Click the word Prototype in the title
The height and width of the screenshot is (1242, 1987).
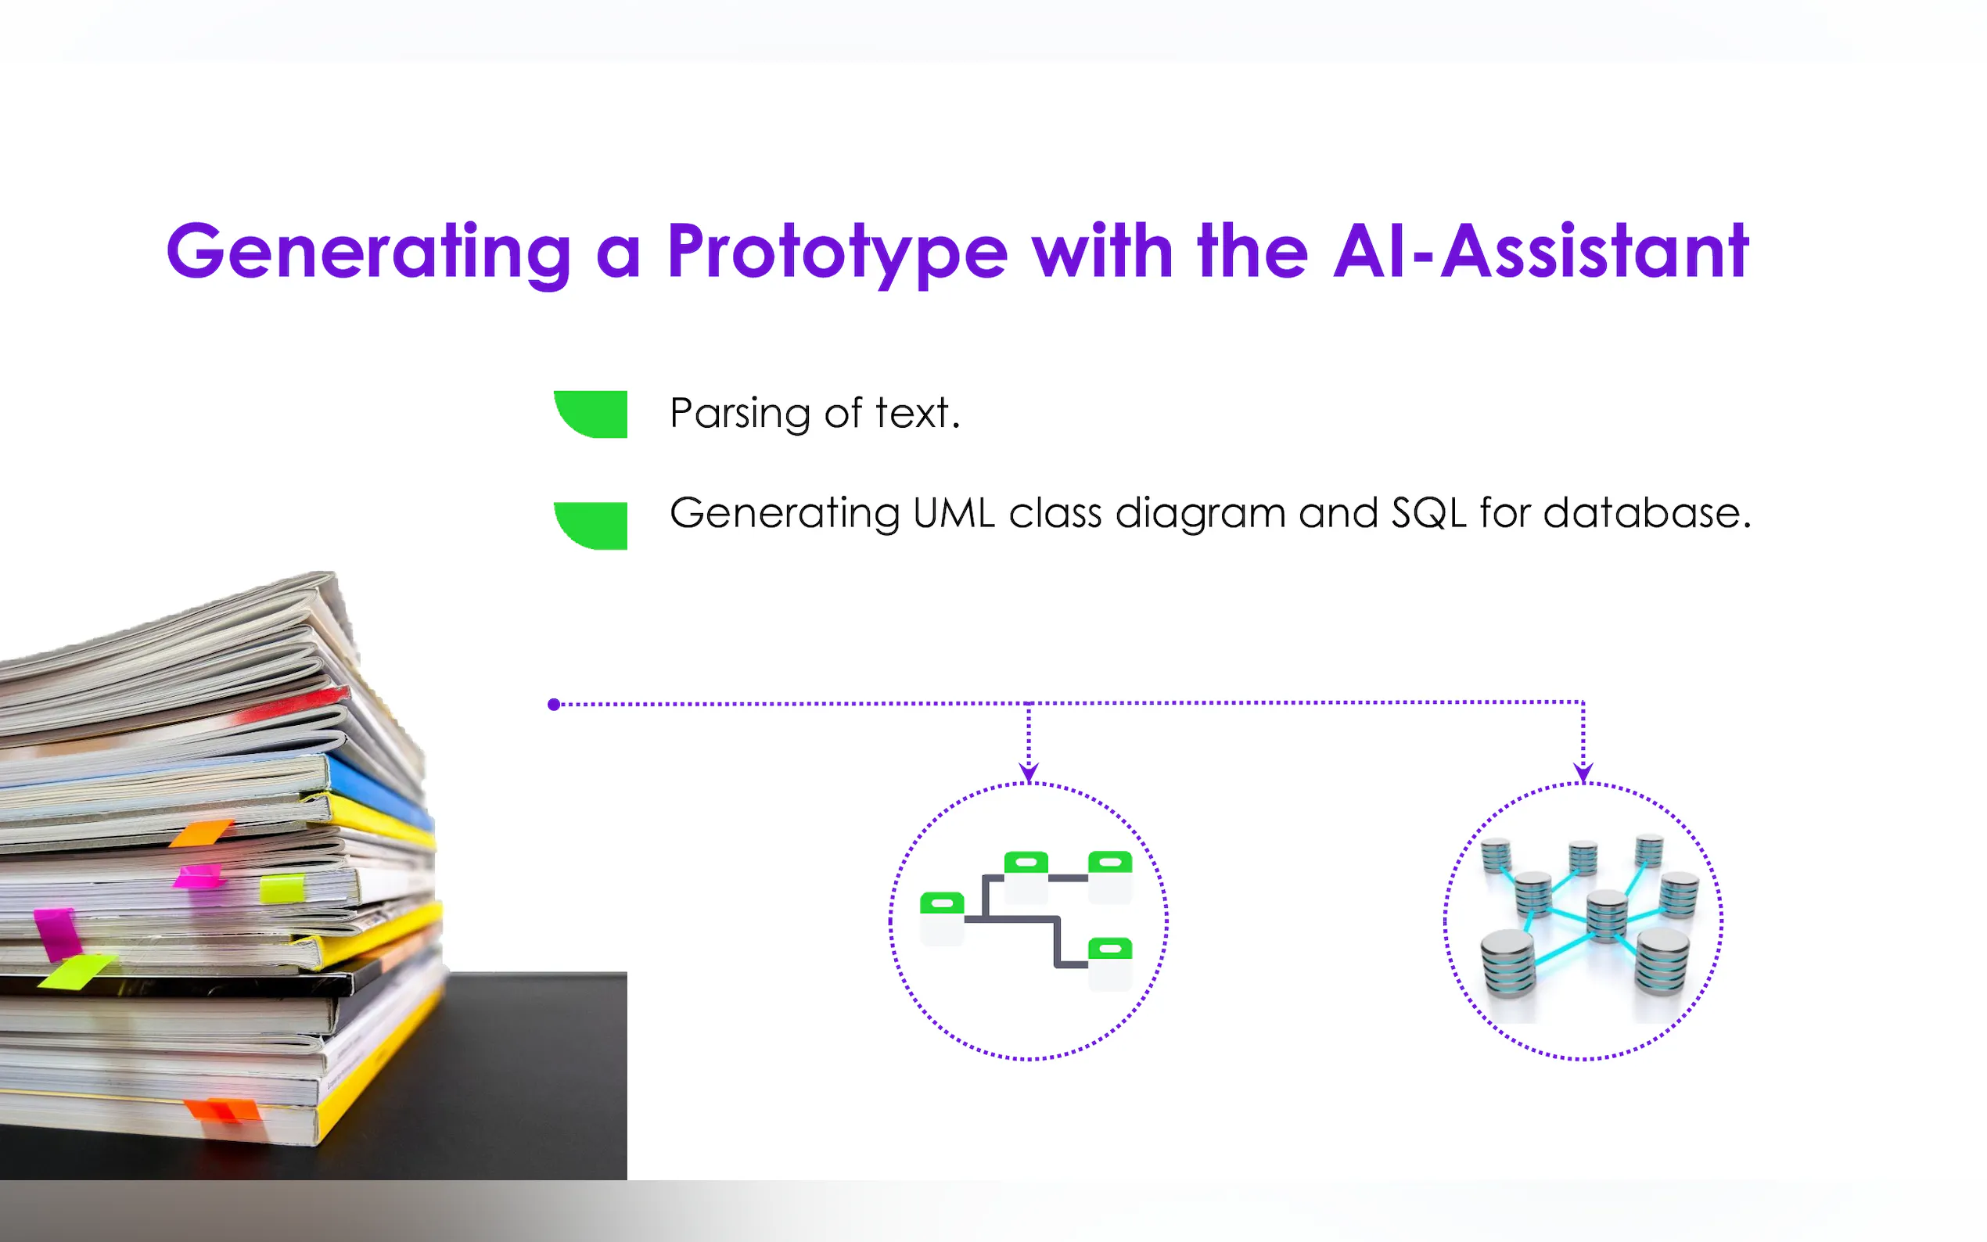[837, 253]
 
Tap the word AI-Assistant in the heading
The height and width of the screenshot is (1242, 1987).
[1541, 250]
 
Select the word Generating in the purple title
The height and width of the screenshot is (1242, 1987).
[368, 253]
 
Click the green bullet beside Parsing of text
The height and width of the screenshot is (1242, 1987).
[591, 414]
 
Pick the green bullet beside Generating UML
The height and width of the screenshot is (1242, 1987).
[591, 525]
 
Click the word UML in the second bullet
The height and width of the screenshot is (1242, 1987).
[954, 513]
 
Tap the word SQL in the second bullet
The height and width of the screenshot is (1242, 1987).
[1429, 513]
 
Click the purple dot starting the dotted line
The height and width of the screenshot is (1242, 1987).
[554, 704]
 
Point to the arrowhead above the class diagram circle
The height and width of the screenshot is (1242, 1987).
[1029, 773]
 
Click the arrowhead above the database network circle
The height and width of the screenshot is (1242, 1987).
[1583, 773]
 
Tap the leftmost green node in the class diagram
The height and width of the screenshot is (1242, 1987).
[941, 903]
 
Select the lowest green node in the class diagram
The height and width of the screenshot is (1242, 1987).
[1110, 949]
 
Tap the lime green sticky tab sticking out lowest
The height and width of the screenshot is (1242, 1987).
[77, 971]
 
